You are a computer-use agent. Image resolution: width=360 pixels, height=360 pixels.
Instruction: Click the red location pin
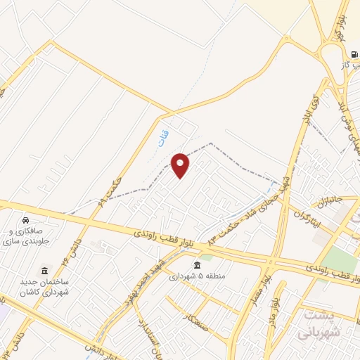181,165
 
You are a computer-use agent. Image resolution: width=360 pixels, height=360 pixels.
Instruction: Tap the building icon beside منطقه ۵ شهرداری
195,265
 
